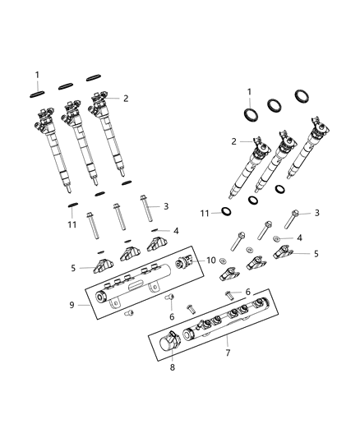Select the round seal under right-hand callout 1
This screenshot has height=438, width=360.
(249, 114)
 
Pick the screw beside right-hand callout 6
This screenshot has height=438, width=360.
(228, 293)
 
